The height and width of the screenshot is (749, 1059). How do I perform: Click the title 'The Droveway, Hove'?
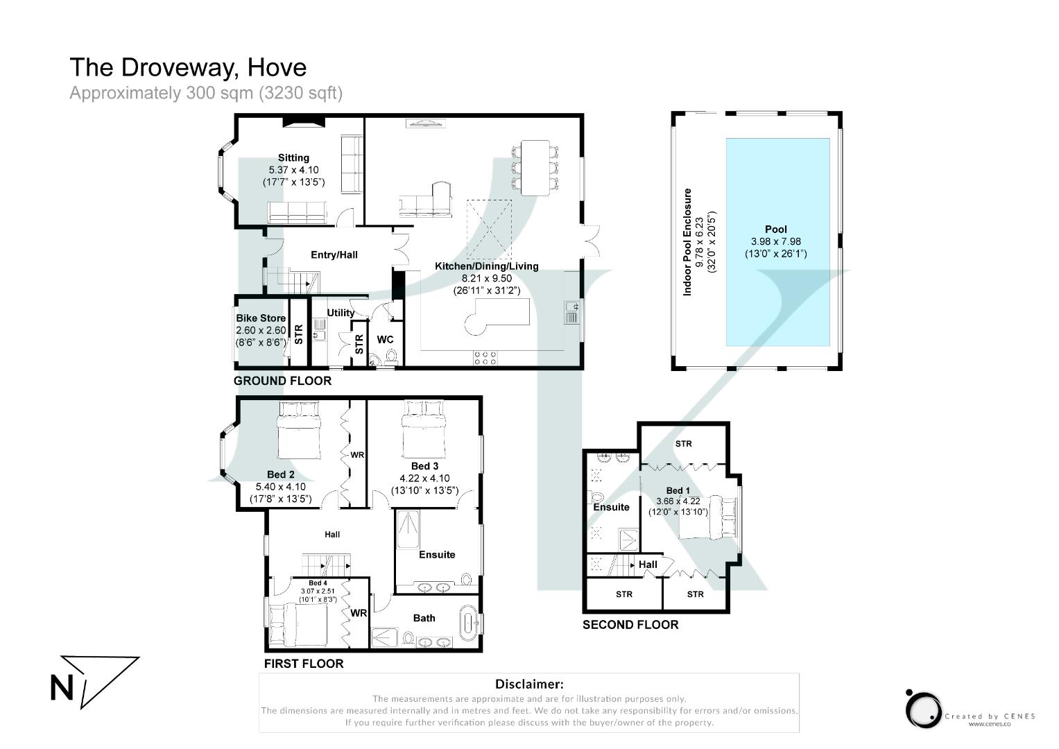point(187,67)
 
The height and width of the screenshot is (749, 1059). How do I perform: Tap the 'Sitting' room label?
point(293,158)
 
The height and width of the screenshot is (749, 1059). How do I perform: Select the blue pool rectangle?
point(777,242)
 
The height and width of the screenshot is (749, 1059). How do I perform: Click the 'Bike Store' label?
point(260,318)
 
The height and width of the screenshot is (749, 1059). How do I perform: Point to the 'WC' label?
point(385,339)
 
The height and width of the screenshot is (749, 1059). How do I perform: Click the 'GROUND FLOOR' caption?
point(282,381)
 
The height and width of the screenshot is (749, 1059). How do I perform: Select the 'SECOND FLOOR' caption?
point(630,625)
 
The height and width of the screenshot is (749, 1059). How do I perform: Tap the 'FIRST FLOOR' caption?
point(304,664)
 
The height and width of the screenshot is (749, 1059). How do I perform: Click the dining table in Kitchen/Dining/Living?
point(535,168)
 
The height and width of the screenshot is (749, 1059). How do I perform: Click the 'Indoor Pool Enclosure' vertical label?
point(688,242)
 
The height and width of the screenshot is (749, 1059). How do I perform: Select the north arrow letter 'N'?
point(62,689)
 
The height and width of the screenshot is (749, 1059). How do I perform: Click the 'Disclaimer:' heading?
point(528,684)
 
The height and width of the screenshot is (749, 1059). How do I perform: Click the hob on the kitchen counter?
point(485,356)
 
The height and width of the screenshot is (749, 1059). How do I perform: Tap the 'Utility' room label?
point(341,313)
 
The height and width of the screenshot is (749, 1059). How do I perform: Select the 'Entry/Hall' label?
point(334,255)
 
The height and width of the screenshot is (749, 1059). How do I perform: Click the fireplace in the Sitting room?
point(304,122)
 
